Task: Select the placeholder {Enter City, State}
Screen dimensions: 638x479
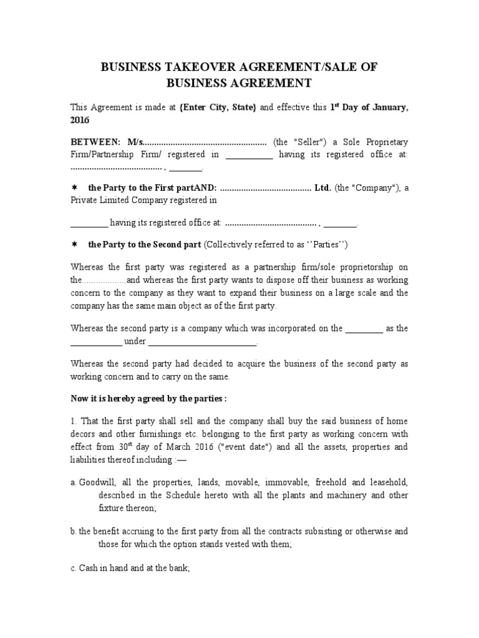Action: coord(218,108)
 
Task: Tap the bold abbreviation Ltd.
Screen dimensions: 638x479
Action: coord(323,188)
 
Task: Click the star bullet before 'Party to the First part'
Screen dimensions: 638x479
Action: coord(74,188)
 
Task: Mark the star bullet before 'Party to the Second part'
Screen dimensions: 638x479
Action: coord(74,244)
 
